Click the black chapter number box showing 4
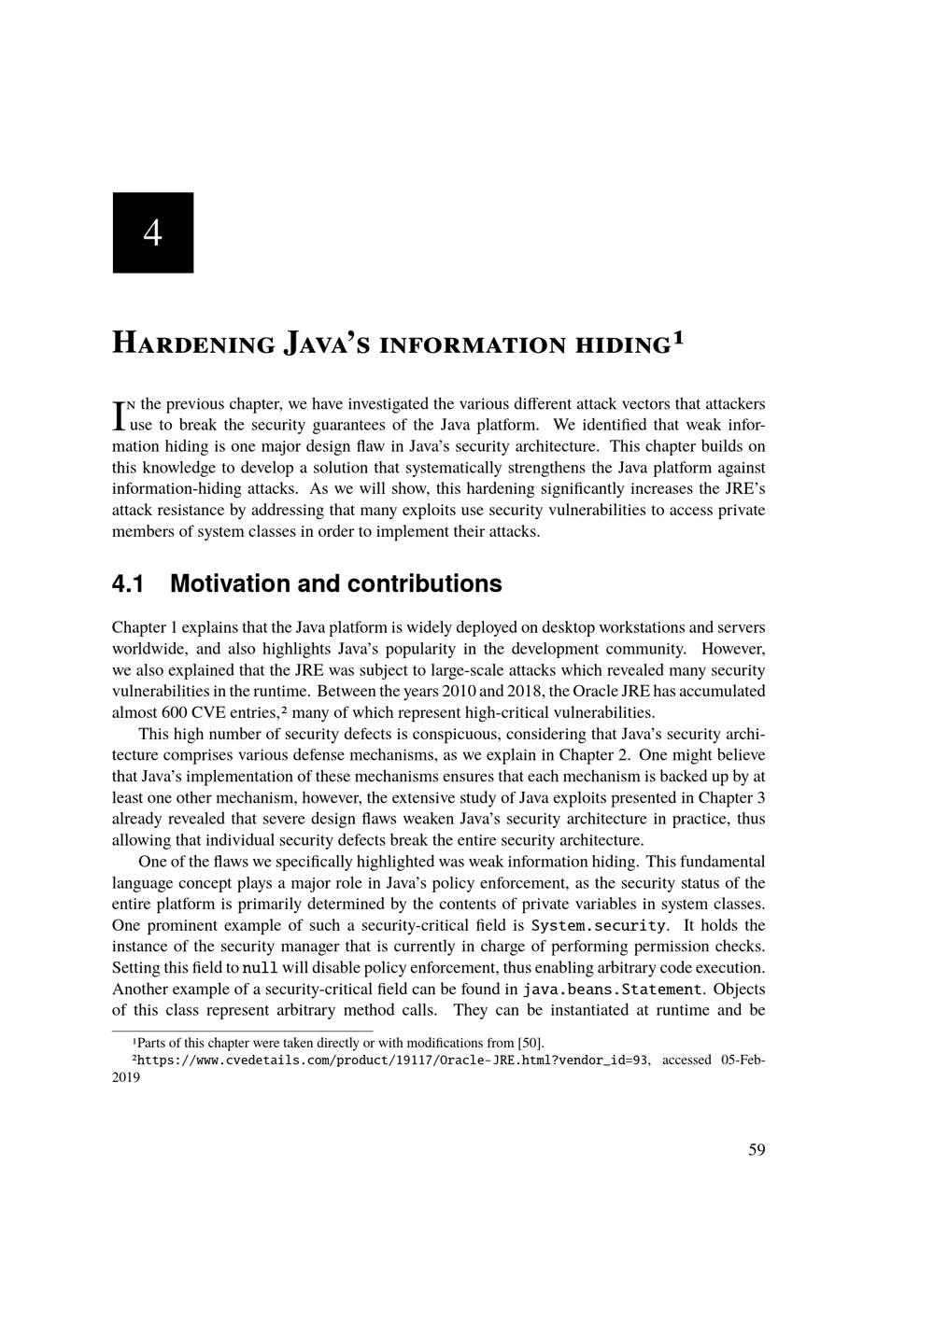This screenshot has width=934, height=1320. pyautogui.click(x=153, y=232)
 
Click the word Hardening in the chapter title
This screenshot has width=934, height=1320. pyautogui.click(x=193, y=343)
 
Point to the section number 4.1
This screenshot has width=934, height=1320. pyautogui.click(x=128, y=584)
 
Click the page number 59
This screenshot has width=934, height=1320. pyautogui.click(x=757, y=1150)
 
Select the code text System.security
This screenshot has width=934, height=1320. pyautogui.click(x=599, y=926)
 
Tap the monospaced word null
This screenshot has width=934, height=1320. pyautogui.click(x=260, y=968)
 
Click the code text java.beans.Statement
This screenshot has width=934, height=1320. pyautogui.click(x=613, y=990)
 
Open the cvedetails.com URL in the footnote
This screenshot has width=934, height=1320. pyautogui.click(x=392, y=1060)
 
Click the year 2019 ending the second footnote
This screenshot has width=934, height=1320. pyautogui.click(x=125, y=1077)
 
